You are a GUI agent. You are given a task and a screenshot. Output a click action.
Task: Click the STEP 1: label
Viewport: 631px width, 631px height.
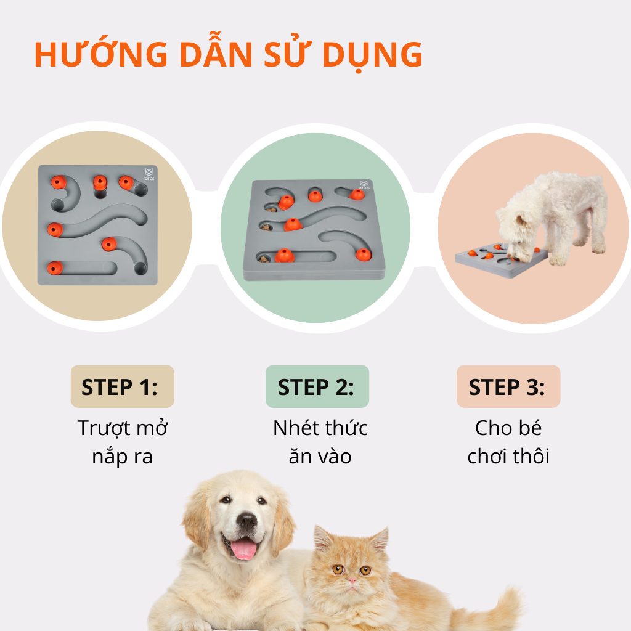[x=122, y=387]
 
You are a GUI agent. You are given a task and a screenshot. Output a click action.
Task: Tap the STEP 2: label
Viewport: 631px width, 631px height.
[x=317, y=387]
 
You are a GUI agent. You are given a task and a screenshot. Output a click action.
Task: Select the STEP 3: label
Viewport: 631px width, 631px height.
[x=508, y=387]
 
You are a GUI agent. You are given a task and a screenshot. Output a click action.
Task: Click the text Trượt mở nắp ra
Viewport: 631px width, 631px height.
[x=122, y=442]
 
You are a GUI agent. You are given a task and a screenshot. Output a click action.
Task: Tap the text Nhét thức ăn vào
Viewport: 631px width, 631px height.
[x=320, y=442]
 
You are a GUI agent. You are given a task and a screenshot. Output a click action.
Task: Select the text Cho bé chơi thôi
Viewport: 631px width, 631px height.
[x=508, y=442]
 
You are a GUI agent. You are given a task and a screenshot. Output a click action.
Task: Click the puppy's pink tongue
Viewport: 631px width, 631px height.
[x=245, y=549]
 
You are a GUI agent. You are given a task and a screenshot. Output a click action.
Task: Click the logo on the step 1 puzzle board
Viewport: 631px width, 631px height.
[x=148, y=173]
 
